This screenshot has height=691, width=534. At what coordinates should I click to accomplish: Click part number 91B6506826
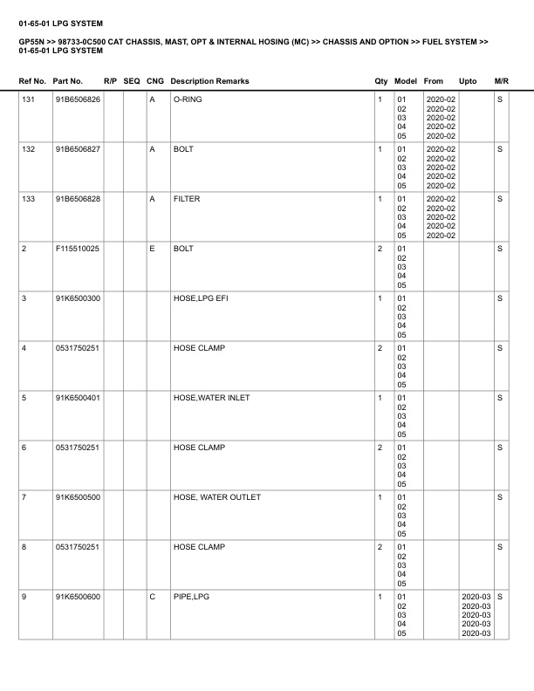pos(78,100)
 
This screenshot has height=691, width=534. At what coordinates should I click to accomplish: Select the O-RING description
pos(188,100)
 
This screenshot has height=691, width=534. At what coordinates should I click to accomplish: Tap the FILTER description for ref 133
pos(187,200)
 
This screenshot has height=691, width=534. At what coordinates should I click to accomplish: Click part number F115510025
pos(77,250)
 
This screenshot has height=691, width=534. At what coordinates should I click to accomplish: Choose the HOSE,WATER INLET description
pos(211,399)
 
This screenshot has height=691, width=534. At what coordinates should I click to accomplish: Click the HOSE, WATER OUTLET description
pos(216,498)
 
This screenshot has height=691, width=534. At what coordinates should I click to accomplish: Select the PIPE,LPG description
pos(191,598)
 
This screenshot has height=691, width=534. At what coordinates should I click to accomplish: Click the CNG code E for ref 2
pos(152,250)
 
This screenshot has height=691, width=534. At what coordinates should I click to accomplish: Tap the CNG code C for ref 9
pos(153,598)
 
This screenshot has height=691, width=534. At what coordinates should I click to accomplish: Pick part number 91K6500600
pos(78,598)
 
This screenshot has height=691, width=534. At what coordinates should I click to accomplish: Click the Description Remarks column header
pos(209,81)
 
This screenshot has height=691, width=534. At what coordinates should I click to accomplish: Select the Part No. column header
pos(68,81)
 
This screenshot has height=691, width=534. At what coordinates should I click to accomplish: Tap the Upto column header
pos(468,81)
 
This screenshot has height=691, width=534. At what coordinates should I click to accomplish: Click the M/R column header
pos(501,81)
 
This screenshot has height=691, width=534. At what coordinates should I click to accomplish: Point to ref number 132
pos(28,150)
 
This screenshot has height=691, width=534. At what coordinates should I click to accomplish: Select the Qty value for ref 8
pos(380,548)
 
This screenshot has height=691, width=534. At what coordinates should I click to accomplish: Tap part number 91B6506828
pos(78,200)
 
